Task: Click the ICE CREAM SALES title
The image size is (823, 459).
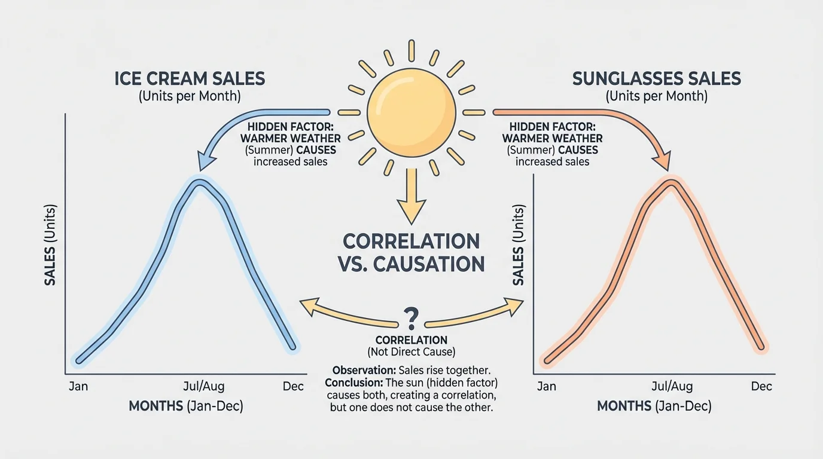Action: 190,78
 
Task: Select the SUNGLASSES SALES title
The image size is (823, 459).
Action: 656,78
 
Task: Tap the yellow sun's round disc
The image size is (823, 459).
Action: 411,112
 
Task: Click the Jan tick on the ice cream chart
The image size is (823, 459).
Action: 78,386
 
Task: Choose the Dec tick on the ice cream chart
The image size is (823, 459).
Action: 293,386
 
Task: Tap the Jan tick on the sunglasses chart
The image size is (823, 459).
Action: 546,386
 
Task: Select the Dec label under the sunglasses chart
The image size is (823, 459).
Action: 761,386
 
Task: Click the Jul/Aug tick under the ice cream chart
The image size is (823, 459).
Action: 204,386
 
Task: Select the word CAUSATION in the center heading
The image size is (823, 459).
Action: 429,264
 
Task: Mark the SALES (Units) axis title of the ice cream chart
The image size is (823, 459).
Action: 50,245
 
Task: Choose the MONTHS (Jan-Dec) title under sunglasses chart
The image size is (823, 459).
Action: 654,406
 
